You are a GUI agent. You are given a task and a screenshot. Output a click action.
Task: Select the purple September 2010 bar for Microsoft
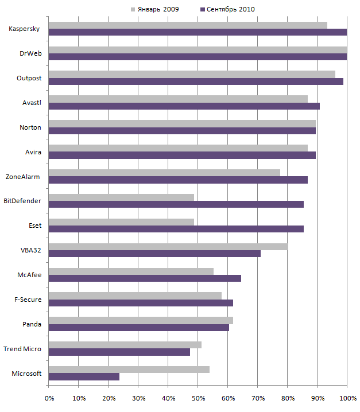pos(84,376)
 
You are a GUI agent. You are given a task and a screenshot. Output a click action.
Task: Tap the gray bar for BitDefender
pos(121,197)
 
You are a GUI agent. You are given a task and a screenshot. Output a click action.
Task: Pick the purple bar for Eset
pos(176,229)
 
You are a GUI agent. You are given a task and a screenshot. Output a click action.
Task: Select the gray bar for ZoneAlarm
pos(164,173)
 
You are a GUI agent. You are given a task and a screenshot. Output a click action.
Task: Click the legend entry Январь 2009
pos(155,9)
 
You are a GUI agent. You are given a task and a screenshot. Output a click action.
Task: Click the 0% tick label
pos(49,397)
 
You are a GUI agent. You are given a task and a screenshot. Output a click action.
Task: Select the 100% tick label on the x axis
pos(346,397)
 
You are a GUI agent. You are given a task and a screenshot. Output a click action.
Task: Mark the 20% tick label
pos(109,397)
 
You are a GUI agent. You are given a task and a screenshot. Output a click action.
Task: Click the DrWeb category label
pos(29,54)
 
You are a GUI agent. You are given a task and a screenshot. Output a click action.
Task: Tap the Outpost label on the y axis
pos(29,78)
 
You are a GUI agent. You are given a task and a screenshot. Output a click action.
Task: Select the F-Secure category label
pos(28,300)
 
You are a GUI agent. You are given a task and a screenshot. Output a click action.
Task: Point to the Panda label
pos(32,324)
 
